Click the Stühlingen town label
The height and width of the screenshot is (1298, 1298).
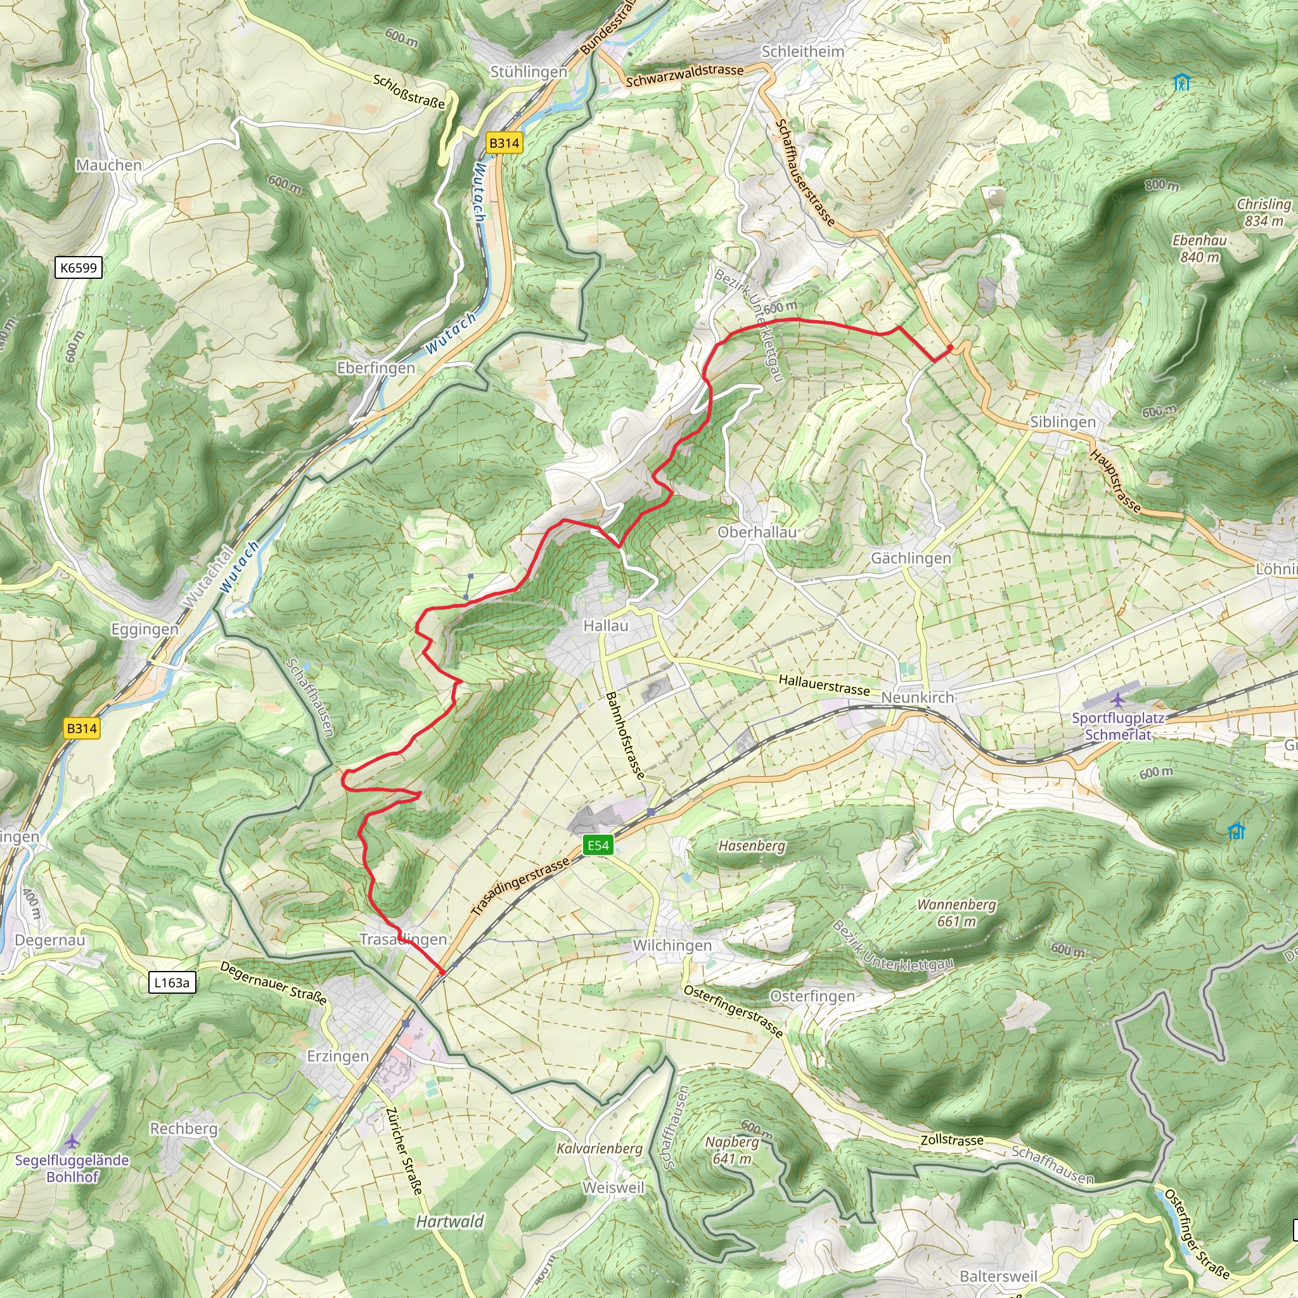pyautogui.click(x=528, y=72)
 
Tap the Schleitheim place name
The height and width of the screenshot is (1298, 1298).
pyautogui.click(x=802, y=52)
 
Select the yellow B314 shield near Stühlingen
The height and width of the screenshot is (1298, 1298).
pyautogui.click(x=504, y=143)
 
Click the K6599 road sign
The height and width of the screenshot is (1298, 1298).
pyautogui.click(x=79, y=268)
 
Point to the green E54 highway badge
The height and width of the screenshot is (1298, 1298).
pyautogui.click(x=597, y=845)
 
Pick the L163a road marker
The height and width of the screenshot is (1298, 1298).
pyautogui.click(x=172, y=983)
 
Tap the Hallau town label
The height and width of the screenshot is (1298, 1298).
pyautogui.click(x=605, y=626)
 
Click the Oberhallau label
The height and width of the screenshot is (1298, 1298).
pyautogui.click(x=757, y=532)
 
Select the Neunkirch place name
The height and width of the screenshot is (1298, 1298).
pyautogui.click(x=917, y=697)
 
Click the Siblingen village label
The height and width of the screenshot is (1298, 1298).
pyautogui.click(x=1062, y=422)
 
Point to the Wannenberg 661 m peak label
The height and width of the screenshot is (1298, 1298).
pyautogui.click(x=956, y=913)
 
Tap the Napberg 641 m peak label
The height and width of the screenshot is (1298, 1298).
pyautogui.click(x=731, y=1150)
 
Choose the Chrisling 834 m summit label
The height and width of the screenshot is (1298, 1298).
pyautogui.click(x=1264, y=212)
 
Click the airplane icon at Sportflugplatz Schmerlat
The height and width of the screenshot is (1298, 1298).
pyautogui.click(x=1117, y=700)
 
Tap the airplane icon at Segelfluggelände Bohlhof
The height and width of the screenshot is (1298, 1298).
pyautogui.click(x=72, y=1141)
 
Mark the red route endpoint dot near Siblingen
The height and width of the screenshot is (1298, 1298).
pyautogui.click(x=950, y=347)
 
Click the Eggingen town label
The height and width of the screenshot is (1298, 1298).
pyautogui.click(x=145, y=629)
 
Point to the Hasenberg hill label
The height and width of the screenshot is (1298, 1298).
pyautogui.click(x=751, y=846)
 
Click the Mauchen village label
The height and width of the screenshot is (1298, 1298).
pyautogui.click(x=109, y=165)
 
